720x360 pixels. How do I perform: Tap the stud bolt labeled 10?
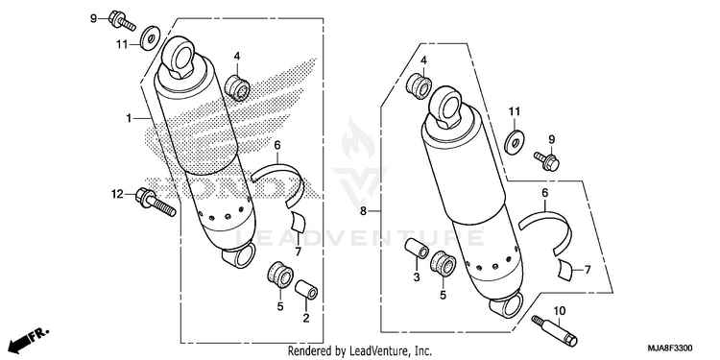pyautogui.click(x=554, y=330)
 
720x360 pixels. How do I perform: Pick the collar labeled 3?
pyautogui.click(x=417, y=249)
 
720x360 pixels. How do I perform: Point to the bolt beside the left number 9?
pyautogui.click(x=122, y=21)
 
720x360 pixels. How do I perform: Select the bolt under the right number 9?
pyautogui.click(x=546, y=161)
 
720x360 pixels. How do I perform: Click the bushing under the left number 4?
pyautogui.click(x=237, y=87)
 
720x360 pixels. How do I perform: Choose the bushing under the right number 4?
pyautogui.click(x=420, y=85)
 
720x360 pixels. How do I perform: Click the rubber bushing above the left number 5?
pyautogui.click(x=280, y=276)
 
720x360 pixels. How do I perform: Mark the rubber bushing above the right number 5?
pyautogui.click(x=443, y=264)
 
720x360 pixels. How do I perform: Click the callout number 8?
pyautogui.click(x=363, y=211)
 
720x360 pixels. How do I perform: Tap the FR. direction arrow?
pyautogui.click(x=29, y=340)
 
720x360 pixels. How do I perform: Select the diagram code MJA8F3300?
pyautogui.click(x=671, y=348)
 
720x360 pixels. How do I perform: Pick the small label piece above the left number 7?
pyautogui.click(x=297, y=222)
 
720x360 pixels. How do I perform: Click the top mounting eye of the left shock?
pyautogui.click(x=180, y=57)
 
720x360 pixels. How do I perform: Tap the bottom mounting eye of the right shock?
pyautogui.click(x=507, y=306)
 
